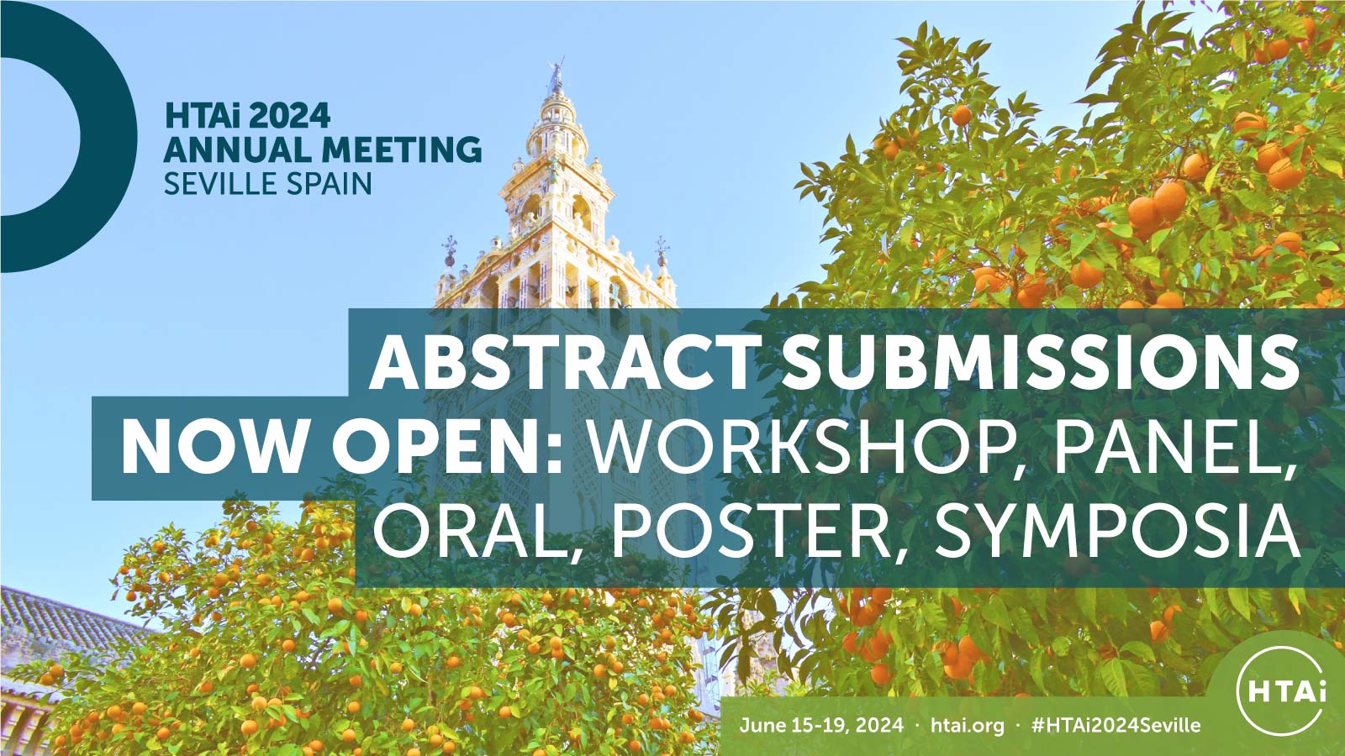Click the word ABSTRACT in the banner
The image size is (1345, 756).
(562, 362)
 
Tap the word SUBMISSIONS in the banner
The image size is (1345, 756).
(1041, 362)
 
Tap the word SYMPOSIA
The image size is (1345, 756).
(1117, 532)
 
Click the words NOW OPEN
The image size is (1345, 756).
(342, 448)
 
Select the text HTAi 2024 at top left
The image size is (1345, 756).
(247, 116)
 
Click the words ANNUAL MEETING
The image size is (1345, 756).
(323, 150)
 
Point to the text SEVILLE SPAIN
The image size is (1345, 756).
(268, 183)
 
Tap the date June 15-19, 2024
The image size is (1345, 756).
(820, 725)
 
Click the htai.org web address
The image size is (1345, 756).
(968, 725)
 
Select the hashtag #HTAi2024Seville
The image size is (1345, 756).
(1116, 725)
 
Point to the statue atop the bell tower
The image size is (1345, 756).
(556, 74)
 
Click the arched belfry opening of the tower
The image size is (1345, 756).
(581, 214)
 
